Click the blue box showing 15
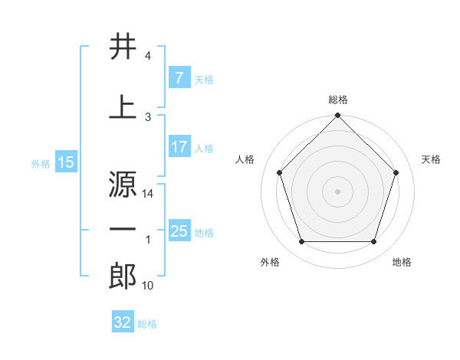point(66,162)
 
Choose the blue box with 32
point(122,323)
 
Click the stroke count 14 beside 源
point(148,195)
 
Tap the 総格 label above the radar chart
point(338,100)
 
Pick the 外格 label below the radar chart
point(270,263)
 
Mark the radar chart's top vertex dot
point(337,116)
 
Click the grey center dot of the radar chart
point(337,191)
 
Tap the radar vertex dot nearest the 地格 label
point(374,242)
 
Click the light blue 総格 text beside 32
point(147,324)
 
